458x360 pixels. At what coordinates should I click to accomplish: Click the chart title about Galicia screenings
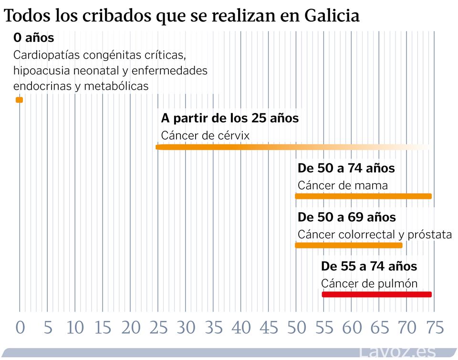click(181, 16)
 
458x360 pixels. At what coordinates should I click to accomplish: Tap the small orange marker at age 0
click(19, 100)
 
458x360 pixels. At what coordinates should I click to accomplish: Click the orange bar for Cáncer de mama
click(363, 196)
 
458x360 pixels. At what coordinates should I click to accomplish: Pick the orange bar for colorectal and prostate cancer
click(349, 245)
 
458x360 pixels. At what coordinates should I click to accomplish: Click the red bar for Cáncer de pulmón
click(376, 294)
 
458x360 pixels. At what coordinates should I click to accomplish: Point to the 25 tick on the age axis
click(158, 328)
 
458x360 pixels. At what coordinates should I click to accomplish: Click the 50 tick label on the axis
click(296, 328)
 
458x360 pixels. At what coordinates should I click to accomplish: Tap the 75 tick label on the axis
click(435, 328)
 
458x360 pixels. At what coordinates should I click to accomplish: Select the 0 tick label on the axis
click(20, 328)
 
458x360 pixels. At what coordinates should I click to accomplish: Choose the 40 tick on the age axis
click(241, 328)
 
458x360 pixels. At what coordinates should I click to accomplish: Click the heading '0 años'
click(33, 37)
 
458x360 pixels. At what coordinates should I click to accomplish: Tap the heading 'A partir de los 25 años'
click(229, 118)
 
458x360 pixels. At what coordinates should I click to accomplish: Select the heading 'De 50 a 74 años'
click(346, 168)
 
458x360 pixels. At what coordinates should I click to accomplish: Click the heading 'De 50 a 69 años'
click(346, 217)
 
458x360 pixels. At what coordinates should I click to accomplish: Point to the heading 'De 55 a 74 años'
click(369, 266)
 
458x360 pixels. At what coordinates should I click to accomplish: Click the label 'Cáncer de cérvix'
click(205, 135)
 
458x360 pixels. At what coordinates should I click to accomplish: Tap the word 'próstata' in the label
click(429, 235)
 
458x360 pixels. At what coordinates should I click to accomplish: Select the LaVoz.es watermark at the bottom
click(397, 352)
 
